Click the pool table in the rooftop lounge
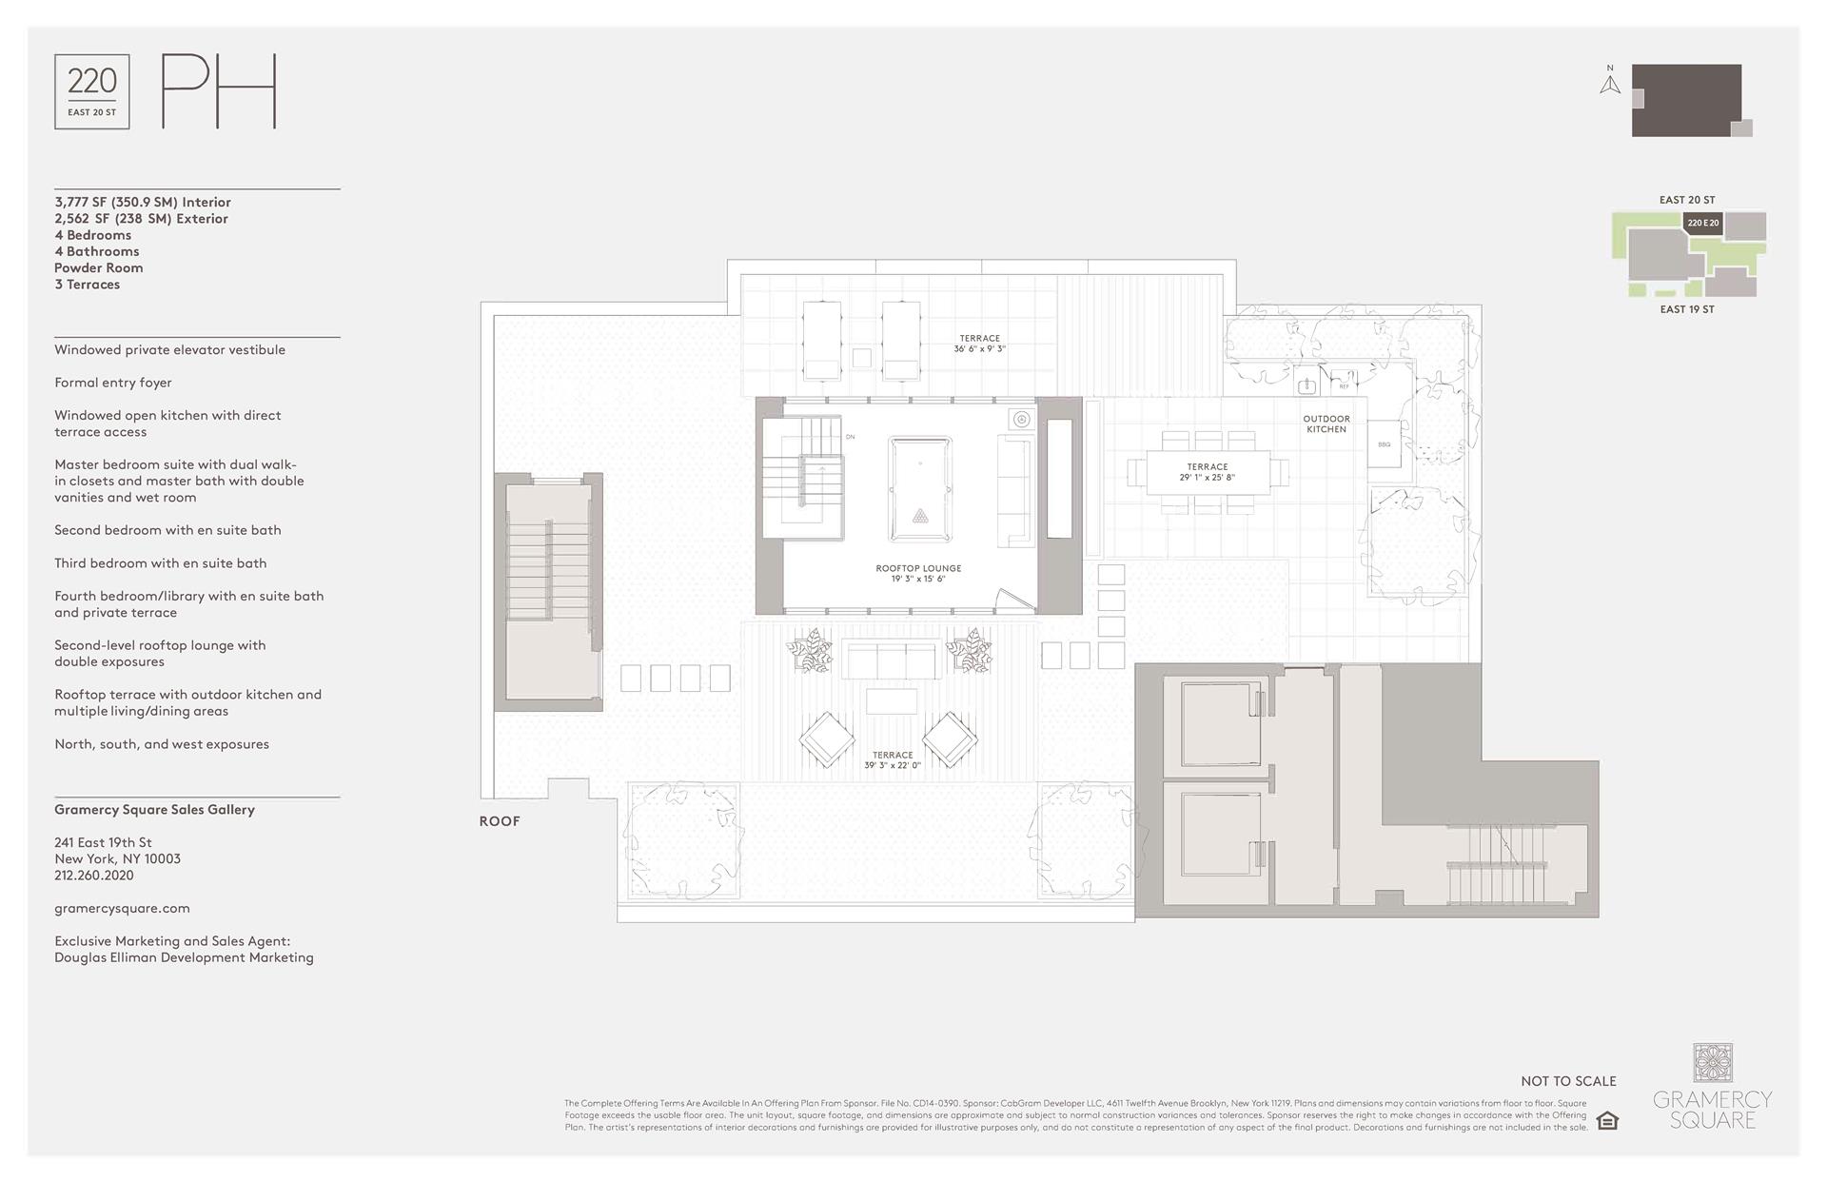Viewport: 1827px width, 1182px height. [x=919, y=488]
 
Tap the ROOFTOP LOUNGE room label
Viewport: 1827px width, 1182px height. [x=918, y=569]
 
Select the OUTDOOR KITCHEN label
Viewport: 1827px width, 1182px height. [x=1326, y=424]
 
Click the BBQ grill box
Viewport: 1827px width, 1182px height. [x=1384, y=445]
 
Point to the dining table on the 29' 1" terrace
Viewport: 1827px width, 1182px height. [x=1207, y=473]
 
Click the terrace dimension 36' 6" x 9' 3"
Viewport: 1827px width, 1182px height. [x=979, y=349]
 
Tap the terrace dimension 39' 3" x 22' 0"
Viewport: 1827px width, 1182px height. [x=892, y=765]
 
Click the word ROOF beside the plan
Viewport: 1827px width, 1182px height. [x=500, y=821]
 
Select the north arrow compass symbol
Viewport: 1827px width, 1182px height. [x=1609, y=82]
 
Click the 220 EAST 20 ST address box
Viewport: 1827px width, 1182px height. [x=92, y=92]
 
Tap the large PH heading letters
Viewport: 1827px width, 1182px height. [x=219, y=91]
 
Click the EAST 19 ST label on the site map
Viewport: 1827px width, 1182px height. [x=1686, y=309]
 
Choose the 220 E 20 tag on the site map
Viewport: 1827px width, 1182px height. [x=1702, y=224]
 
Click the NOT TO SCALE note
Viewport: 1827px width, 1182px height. [x=1568, y=1081]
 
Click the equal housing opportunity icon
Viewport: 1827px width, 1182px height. [x=1607, y=1120]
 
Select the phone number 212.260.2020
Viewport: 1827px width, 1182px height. [x=94, y=876]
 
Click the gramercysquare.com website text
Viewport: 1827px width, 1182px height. [x=122, y=908]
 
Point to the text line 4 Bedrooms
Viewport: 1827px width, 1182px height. [x=93, y=235]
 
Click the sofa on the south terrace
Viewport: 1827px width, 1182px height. [x=891, y=659]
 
